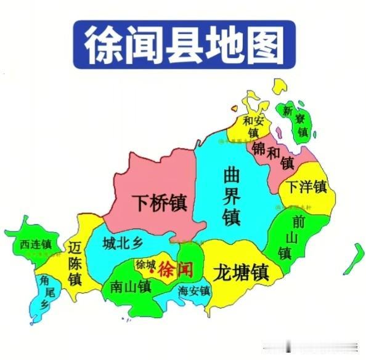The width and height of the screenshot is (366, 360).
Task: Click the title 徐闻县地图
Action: click(x=184, y=44)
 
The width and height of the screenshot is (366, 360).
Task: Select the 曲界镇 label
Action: click(x=232, y=196)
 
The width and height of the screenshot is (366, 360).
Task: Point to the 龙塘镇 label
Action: click(x=240, y=271)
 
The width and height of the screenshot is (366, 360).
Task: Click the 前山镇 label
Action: click(x=284, y=236)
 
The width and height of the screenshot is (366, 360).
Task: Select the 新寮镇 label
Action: click(x=295, y=121)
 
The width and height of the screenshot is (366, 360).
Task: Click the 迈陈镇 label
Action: click(x=75, y=263)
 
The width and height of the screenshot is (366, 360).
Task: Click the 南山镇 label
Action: click(x=131, y=286)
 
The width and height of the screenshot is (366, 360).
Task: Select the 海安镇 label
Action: click(x=193, y=290)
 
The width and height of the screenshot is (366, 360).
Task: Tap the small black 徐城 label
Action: click(x=145, y=265)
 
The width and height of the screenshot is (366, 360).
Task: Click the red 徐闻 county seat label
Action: click(x=176, y=269)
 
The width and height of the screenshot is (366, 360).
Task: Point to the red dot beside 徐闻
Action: click(x=152, y=271)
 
